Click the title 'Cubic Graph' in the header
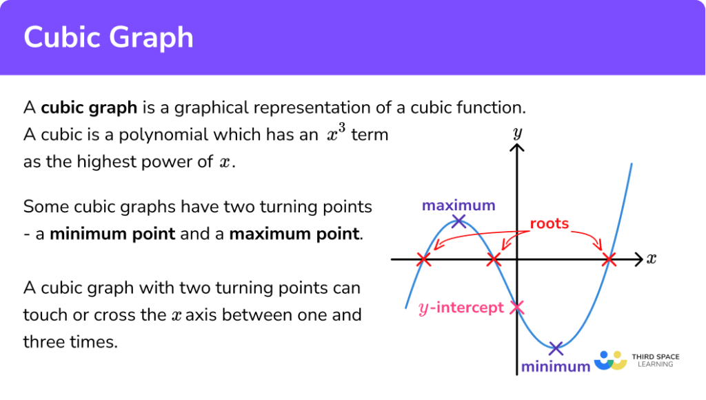tap(108, 37)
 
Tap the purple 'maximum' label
tap(458, 206)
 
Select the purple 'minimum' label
tap(556, 367)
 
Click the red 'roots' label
tap(549, 223)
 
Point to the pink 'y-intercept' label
tap(461, 308)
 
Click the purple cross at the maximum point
tap(458, 221)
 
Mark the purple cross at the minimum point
tap(556, 348)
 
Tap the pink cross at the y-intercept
tap(516, 308)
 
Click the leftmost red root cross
tap(424, 260)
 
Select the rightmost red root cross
tap(608, 260)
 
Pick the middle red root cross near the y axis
tap(494, 260)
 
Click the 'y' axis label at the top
tap(516, 132)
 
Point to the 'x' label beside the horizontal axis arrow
tap(651, 259)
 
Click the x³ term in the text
tap(335, 134)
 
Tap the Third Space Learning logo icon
tap(609, 361)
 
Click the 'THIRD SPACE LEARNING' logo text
tap(655, 360)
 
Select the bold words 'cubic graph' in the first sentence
tap(89, 108)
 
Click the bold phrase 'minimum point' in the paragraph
tap(112, 234)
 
